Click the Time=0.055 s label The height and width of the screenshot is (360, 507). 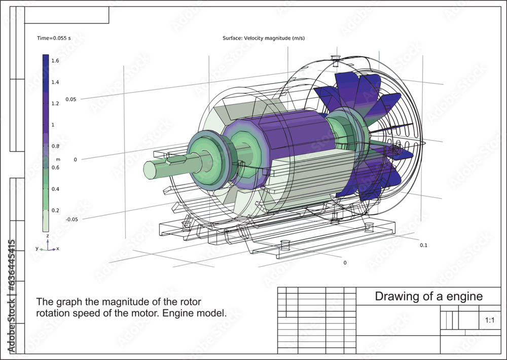(54, 38)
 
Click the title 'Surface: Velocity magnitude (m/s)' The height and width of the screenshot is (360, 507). (263, 38)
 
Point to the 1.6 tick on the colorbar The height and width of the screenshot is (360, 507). (55, 60)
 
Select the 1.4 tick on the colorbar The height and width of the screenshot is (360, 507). (55, 82)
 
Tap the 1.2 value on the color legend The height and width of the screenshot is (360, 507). (55, 103)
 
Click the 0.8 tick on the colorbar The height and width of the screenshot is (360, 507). (55, 146)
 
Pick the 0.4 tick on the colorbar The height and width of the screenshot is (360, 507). (55, 189)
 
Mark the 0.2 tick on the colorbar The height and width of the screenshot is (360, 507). (55, 210)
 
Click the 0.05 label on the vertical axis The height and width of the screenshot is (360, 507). (70, 99)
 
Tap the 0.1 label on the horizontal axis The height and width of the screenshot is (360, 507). (424, 245)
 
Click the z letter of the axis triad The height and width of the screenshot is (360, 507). (47, 236)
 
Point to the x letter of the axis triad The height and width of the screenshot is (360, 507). (57, 248)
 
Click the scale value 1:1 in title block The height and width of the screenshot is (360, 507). (490, 320)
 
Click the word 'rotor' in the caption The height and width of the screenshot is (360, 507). (190, 302)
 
